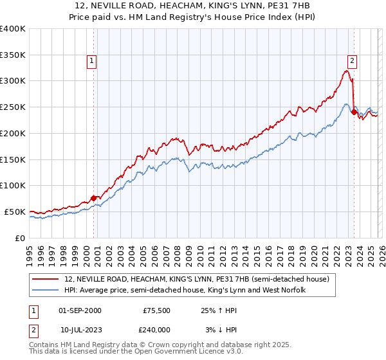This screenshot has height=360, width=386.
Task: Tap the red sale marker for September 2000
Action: (94, 198)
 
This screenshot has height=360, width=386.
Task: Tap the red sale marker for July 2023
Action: (354, 112)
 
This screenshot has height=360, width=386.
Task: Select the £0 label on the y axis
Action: (21, 238)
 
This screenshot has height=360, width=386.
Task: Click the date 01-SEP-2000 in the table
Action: (80, 310)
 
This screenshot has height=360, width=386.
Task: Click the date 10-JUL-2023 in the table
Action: (80, 328)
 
